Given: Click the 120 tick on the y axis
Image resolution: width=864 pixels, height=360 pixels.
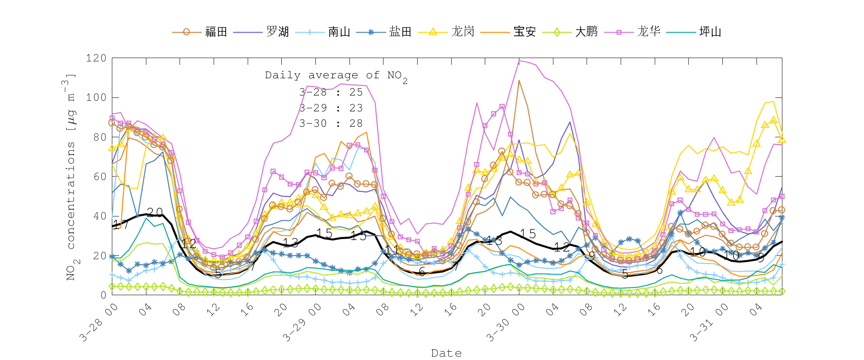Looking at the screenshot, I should pos(96,58).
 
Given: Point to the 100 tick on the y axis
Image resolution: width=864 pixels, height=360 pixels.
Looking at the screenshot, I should pos(96,97).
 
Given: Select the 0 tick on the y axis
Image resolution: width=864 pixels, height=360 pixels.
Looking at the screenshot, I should pos(103,295).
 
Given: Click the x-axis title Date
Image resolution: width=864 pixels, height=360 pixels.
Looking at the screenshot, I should pos(446,353).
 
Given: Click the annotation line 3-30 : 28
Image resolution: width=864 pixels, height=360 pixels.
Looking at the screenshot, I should pos(331,123).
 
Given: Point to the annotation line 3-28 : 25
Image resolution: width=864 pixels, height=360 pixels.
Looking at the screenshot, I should pos(331,92).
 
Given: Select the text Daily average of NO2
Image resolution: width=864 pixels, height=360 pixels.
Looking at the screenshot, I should pos(336,76).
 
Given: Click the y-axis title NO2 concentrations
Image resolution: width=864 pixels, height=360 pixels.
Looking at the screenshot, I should pos(71,178).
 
